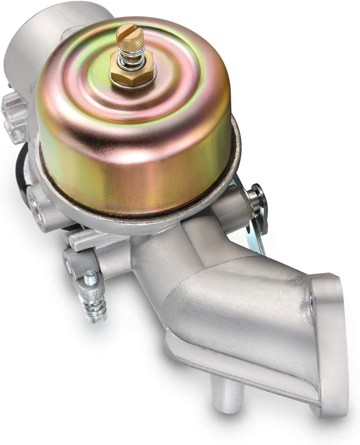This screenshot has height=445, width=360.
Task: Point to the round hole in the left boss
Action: (36, 202)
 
